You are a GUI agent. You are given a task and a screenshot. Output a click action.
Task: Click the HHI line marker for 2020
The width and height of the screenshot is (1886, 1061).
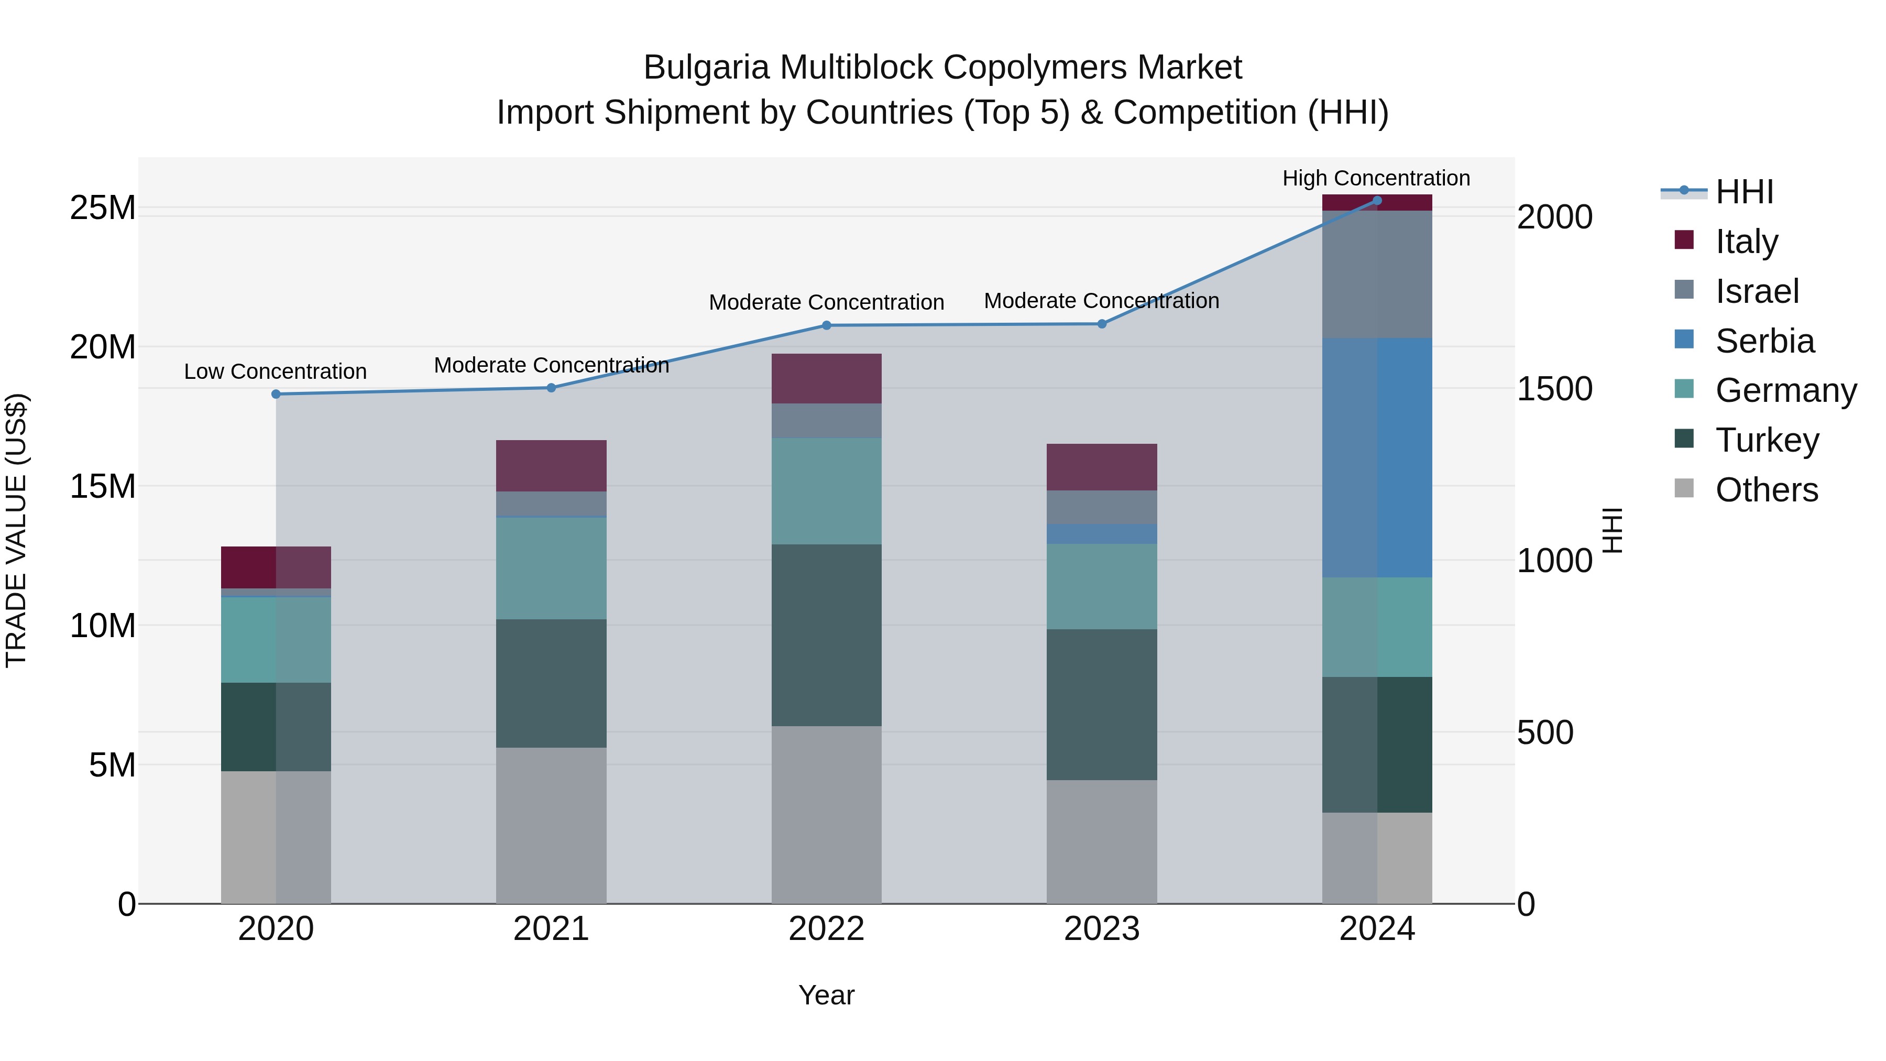tap(276, 394)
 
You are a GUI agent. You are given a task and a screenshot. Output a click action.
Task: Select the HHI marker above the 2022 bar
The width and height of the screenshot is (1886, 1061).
tap(827, 325)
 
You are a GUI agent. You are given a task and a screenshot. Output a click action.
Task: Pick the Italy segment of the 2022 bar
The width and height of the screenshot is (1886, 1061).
tap(827, 379)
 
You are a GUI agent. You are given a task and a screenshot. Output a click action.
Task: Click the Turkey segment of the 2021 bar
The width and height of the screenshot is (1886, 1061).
tap(551, 683)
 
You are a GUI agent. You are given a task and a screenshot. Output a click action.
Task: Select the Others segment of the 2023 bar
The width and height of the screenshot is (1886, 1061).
tap(1102, 842)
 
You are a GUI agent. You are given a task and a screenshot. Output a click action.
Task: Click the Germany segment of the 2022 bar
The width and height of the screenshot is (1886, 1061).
tap(827, 490)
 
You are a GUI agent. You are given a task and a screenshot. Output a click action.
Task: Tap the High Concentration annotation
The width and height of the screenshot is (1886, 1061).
tap(1376, 178)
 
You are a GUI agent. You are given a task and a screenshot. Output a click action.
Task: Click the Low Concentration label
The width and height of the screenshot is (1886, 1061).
tap(275, 371)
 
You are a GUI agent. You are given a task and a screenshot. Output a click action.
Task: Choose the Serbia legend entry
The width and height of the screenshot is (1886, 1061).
tap(1764, 341)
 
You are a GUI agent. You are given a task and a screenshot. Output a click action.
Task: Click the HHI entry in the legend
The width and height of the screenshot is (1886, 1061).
tap(1744, 192)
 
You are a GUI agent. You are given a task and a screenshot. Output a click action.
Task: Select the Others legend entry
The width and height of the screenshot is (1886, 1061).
tap(1766, 490)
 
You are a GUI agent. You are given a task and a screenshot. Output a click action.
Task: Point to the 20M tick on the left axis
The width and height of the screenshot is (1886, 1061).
tap(103, 347)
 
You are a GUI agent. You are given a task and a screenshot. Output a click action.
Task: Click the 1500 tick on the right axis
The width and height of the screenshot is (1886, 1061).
tap(1554, 389)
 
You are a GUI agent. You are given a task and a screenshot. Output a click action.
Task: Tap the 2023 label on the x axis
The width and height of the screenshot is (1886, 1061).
tap(1102, 929)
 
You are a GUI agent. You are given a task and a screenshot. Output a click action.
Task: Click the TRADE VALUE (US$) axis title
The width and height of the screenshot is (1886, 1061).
tap(16, 530)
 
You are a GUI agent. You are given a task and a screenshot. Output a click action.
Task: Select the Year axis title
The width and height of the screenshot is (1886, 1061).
tap(827, 995)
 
